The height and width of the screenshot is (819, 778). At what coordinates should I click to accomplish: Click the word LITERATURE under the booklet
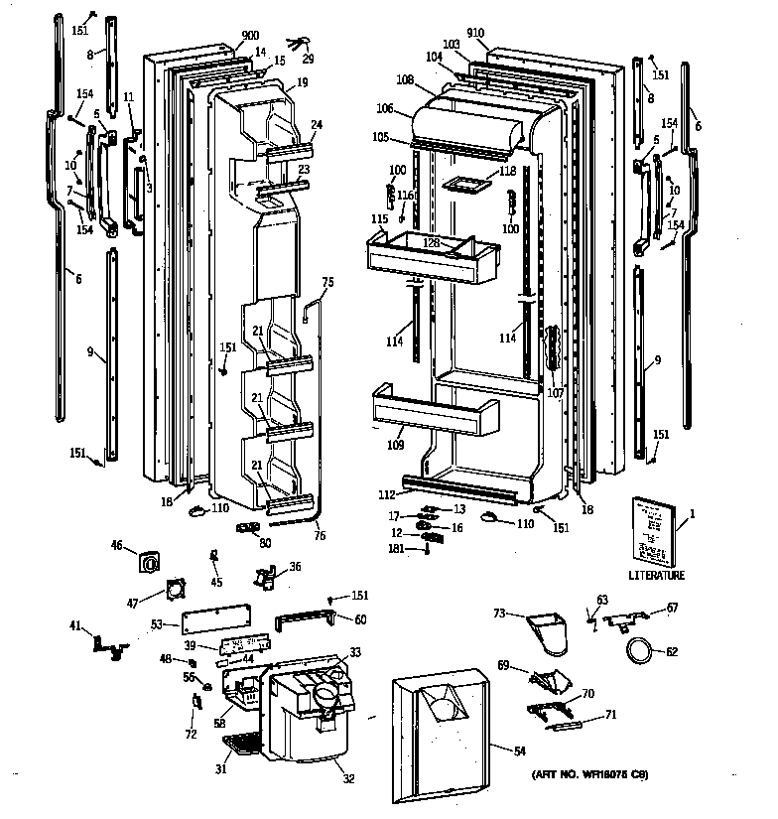pyautogui.click(x=656, y=575)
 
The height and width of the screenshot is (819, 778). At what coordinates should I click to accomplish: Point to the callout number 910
pyautogui.click(x=475, y=33)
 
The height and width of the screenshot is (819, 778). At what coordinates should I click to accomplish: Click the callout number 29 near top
pyautogui.click(x=308, y=61)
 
